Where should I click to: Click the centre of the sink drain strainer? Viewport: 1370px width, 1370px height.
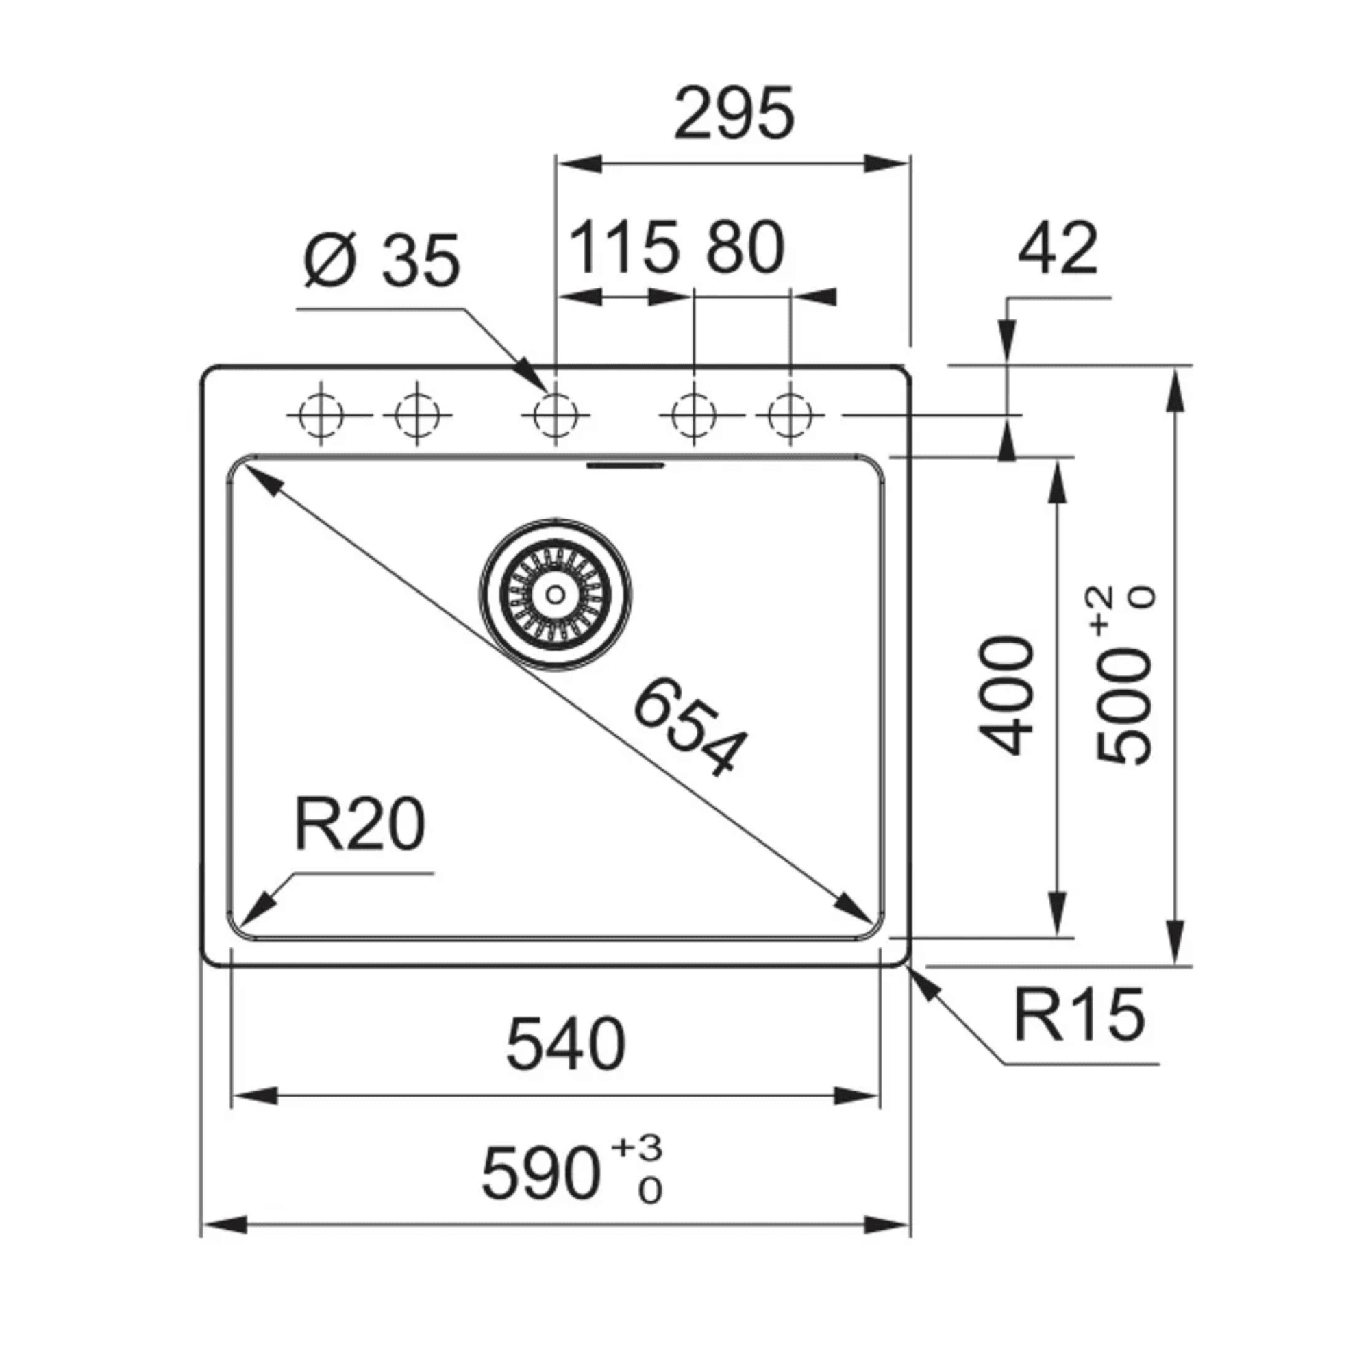(556, 594)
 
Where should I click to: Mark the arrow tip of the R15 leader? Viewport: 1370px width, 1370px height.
(910, 969)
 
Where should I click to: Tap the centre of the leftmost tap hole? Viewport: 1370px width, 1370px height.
(321, 414)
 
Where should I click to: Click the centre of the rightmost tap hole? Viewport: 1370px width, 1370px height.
(790, 414)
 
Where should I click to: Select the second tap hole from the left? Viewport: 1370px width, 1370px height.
(417, 414)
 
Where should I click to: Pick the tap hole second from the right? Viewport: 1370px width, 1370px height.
(693, 414)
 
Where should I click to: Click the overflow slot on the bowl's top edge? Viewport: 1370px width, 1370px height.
(625, 465)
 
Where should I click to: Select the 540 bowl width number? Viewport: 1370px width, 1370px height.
(565, 1045)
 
